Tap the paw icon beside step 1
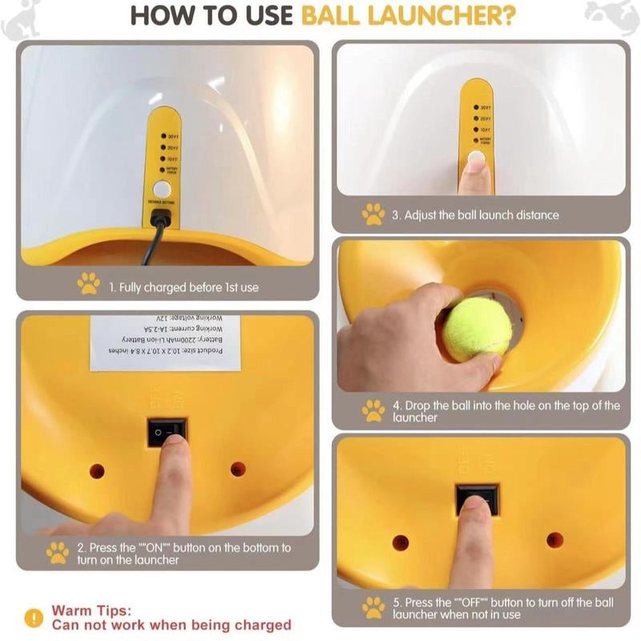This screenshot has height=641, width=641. click(88, 284)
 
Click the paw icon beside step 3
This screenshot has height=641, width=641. click(373, 214)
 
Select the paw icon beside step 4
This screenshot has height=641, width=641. click(373, 410)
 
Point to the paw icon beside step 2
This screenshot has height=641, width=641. click(57, 553)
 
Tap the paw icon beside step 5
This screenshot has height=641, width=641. click(373, 607)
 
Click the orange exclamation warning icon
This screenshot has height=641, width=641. click(33, 618)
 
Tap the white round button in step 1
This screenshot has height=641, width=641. click(162, 190)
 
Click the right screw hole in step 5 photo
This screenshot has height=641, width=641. click(554, 539)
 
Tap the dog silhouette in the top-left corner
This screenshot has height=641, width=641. click(20, 20)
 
